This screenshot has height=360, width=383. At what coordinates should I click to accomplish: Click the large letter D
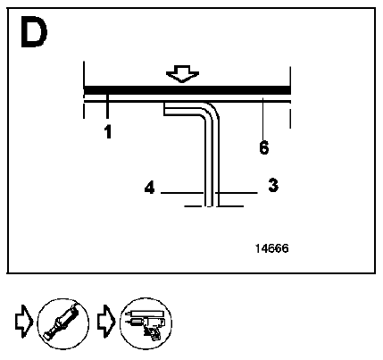click(x=34, y=31)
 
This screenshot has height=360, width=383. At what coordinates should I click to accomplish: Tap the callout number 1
click(x=108, y=132)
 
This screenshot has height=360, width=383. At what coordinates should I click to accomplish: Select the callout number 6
click(x=264, y=147)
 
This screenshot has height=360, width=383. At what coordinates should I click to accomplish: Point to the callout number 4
click(x=150, y=188)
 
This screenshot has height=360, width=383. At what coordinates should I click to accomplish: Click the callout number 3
click(x=273, y=185)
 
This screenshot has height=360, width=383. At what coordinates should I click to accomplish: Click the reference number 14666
click(x=272, y=248)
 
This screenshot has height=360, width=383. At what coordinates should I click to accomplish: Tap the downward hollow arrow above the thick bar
click(x=182, y=73)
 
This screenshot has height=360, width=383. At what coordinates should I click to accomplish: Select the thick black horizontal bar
click(x=187, y=90)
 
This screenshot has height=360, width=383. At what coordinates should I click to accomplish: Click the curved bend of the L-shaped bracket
click(x=210, y=112)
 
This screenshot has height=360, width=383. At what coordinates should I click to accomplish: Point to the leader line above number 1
click(x=107, y=106)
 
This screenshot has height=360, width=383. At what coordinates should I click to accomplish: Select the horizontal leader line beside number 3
click(x=237, y=193)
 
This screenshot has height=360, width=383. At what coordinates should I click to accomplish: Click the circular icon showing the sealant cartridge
click(x=63, y=323)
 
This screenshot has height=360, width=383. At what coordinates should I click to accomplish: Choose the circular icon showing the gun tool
click(x=146, y=323)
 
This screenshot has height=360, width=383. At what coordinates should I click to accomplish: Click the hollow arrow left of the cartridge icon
click(x=24, y=321)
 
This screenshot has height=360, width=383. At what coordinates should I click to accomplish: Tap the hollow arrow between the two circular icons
click(x=106, y=321)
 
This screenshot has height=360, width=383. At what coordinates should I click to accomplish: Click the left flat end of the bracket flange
click(x=164, y=109)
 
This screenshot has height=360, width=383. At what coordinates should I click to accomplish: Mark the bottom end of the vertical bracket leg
click(x=212, y=205)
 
